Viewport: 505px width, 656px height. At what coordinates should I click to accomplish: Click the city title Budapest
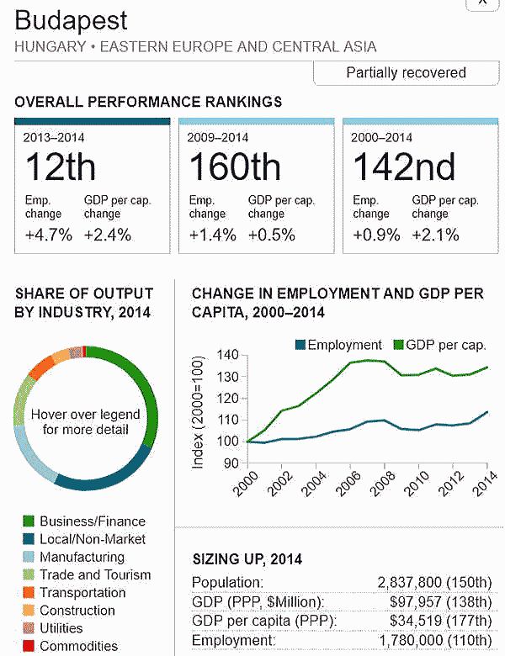click(x=72, y=20)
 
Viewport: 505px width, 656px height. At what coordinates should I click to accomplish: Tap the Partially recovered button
click(x=406, y=72)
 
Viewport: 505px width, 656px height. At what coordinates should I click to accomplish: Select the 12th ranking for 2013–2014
click(x=61, y=168)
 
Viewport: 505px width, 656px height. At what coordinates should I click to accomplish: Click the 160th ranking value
click(x=234, y=168)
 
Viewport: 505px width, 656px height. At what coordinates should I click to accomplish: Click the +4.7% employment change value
click(x=49, y=235)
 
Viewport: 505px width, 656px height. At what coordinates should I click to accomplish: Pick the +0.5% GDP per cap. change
click(x=272, y=235)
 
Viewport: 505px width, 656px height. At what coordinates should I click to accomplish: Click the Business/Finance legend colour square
click(x=29, y=521)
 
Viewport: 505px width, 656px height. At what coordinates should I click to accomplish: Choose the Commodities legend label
click(x=78, y=646)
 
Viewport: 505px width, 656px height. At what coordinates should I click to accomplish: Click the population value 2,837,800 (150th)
click(x=434, y=582)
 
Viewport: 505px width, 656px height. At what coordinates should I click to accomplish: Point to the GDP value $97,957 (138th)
click(x=441, y=602)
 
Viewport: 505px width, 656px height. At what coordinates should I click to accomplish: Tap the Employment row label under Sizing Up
click(x=233, y=642)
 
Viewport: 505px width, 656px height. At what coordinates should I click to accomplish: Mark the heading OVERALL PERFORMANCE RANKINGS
click(x=148, y=102)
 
